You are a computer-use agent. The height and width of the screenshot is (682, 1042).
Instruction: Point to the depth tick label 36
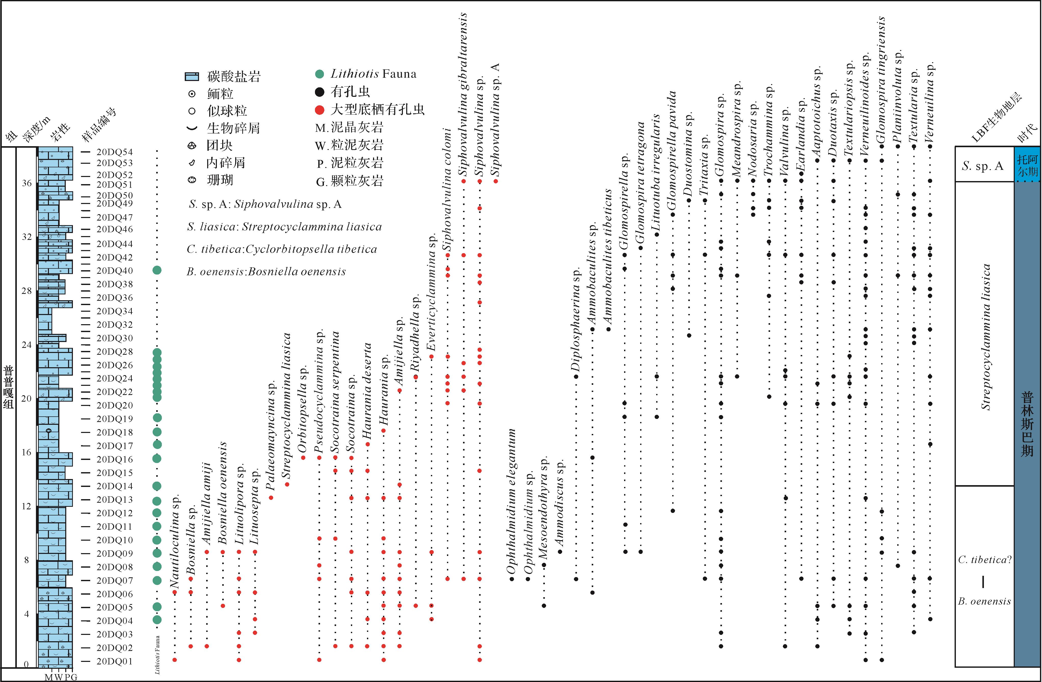click(27, 183)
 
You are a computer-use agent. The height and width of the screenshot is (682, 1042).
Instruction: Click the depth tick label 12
click(27, 506)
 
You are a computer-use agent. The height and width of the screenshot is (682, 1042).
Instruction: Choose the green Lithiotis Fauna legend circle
click(320, 74)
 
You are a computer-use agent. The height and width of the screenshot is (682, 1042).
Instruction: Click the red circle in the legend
click(320, 109)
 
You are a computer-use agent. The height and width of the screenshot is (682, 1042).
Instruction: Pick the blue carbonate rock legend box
click(192, 77)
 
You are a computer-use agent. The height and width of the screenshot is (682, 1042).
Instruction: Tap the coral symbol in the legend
click(192, 180)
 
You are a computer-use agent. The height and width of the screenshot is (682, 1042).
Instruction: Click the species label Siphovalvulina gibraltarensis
click(463, 94)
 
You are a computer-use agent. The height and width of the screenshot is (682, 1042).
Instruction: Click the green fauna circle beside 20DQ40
click(157, 270)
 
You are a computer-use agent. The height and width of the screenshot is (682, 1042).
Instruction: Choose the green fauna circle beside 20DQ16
click(157, 458)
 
